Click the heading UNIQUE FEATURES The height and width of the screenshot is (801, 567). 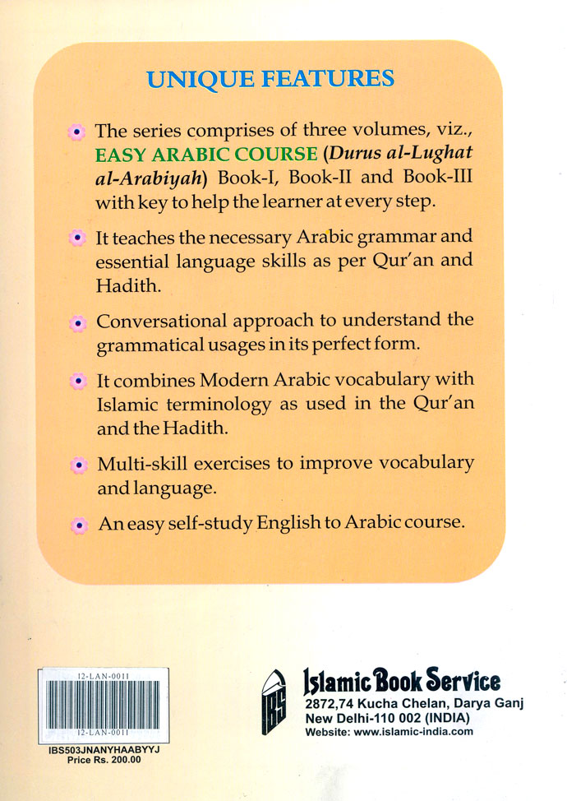[270, 80]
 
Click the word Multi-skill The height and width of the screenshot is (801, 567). [136, 464]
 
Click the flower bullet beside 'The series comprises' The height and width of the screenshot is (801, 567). [76, 132]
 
